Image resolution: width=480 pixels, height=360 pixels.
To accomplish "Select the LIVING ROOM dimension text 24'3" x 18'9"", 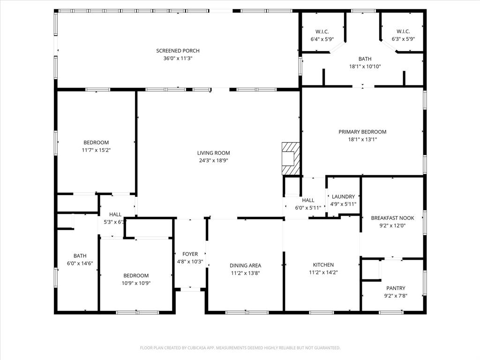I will (213, 160).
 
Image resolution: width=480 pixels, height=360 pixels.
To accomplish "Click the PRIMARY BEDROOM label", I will (362, 132).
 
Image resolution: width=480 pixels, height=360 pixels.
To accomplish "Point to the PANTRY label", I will (396, 288).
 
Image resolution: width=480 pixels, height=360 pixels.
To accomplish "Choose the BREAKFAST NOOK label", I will (392, 218).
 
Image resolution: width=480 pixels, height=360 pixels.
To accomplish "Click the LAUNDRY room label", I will (344, 197).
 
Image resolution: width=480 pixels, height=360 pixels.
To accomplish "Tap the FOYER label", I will (190, 254).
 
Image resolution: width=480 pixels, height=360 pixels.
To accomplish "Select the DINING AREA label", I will (245, 265).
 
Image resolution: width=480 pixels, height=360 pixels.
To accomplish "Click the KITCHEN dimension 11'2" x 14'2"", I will (323, 272).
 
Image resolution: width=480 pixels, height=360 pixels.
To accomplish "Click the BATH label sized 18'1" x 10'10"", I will (365, 59).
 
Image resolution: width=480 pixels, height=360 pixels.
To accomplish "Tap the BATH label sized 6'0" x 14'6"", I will (80, 256).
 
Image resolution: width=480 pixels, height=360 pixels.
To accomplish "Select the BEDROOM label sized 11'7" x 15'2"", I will (96, 142).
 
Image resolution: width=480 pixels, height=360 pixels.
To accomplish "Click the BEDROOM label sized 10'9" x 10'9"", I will (136, 276).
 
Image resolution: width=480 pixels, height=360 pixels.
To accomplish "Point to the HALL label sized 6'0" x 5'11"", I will (308, 200).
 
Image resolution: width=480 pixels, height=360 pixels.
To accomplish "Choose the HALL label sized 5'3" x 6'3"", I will (115, 214).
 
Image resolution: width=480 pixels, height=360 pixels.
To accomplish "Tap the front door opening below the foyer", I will (190, 289).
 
